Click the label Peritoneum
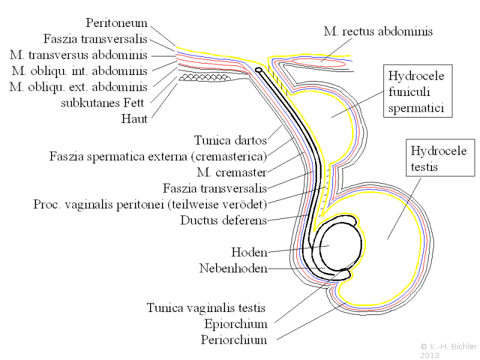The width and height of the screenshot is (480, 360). pos(116,23)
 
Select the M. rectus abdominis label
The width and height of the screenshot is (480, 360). pos(378,31)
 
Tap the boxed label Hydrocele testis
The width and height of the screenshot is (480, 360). pos(440,158)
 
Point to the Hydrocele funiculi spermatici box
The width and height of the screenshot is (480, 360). pos(418,91)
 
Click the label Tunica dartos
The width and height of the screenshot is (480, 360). pos(230,140)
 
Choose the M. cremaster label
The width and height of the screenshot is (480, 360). pos(232,172)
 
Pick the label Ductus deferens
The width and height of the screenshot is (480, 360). pos(223,220)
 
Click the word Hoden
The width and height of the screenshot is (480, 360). pos(249,252)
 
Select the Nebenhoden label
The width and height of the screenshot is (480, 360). pos(233,268)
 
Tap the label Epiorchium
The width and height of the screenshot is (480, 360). pos(236,324)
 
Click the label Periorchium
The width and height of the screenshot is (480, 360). pos(234,340)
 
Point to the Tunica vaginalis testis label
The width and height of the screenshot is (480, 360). pos(206,308)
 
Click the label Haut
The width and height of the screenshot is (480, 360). pos(134,119)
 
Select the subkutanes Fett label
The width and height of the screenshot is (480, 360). pos(102,103)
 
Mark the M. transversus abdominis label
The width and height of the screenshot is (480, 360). pos(79,55)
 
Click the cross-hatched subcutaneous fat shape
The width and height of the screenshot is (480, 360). pos(205,77)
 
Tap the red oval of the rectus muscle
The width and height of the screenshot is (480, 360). pos(319,62)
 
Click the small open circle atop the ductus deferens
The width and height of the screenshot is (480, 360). pos(259,70)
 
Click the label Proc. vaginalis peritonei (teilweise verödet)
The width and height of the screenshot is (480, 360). pos(150,204)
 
